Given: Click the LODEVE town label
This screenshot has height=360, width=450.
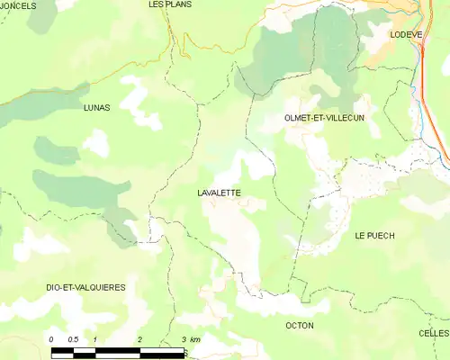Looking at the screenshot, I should (406, 34).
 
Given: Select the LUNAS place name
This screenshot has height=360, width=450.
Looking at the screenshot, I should (95, 107).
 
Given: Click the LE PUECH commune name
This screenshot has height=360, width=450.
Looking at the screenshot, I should (374, 236).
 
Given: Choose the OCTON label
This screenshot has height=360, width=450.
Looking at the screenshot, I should (299, 325).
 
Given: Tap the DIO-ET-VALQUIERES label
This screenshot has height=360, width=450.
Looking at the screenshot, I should (85, 287).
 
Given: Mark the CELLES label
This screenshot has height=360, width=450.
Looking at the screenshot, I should (434, 333).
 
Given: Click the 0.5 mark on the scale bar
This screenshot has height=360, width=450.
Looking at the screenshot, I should (74, 339).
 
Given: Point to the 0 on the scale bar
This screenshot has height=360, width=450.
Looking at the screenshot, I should (52, 339).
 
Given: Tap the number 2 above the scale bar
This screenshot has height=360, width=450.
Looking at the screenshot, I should (139, 339).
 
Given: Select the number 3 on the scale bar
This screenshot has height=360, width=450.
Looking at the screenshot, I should (183, 339).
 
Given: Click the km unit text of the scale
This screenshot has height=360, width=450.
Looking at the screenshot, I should (195, 339).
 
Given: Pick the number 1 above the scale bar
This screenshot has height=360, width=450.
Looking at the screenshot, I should (95, 339).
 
